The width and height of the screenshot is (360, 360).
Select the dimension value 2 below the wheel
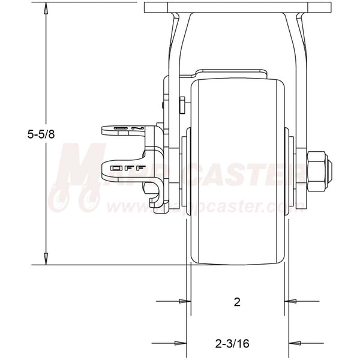[x=237, y=302]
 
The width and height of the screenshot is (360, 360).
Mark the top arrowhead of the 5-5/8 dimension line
[x=46, y=7]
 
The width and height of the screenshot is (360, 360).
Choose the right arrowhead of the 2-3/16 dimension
[x=293, y=343]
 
